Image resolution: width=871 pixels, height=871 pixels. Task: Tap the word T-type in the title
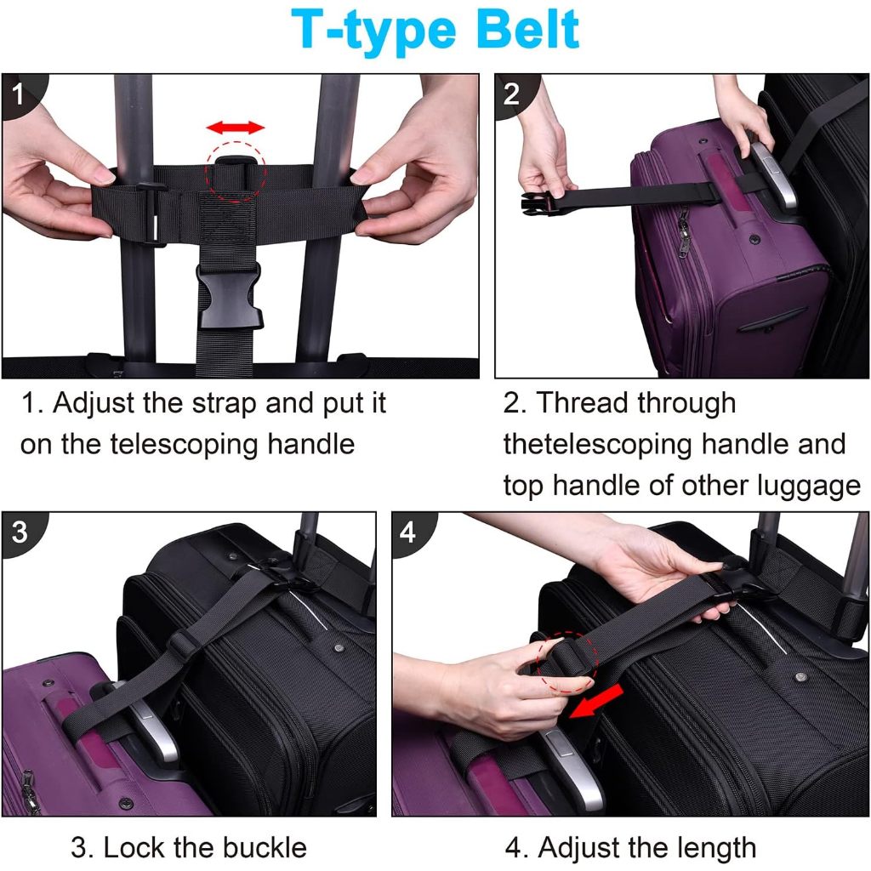click(x=373, y=33)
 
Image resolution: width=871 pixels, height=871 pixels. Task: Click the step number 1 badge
click(x=19, y=94)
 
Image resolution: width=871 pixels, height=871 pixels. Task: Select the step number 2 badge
click(x=511, y=94)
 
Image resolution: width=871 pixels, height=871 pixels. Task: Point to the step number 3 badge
click(x=20, y=532)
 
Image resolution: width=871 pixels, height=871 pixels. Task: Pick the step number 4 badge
click(x=408, y=532)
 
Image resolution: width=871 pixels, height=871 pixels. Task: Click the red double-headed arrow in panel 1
click(x=235, y=128)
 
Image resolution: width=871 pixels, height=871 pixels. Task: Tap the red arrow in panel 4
click(x=595, y=701)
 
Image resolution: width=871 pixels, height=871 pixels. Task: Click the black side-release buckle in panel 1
click(x=228, y=294)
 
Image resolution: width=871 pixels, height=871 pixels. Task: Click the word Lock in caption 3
click(x=134, y=848)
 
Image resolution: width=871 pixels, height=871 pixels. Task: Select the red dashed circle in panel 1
click(x=236, y=172)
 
